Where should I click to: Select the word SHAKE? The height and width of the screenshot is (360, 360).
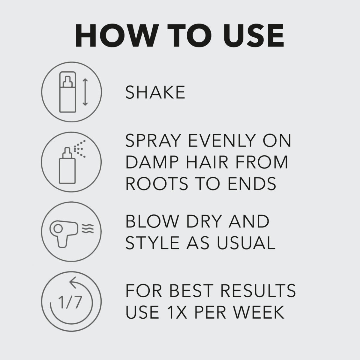pyautogui.click(x=155, y=92)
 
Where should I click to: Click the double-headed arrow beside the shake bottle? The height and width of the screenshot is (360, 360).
pyautogui.click(x=85, y=92)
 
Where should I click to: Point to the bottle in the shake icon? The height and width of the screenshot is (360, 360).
pyautogui.click(x=67, y=92)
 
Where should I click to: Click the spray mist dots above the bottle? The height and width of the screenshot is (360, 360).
pyautogui.click(x=79, y=149)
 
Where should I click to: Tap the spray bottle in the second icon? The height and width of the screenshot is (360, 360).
pyautogui.click(x=67, y=166)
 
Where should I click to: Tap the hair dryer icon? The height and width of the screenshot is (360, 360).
pyautogui.click(x=64, y=233)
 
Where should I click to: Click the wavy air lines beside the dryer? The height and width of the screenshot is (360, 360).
pyautogui.click(x=88, y=228)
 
